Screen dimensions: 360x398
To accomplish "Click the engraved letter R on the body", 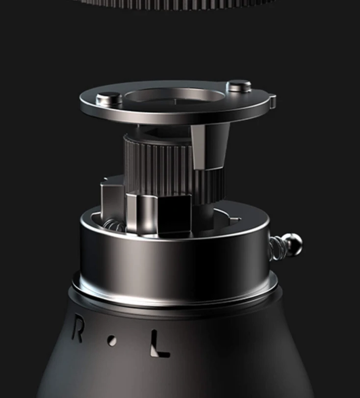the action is click(77, 330).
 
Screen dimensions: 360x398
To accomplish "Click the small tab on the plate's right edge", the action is click(273, 101).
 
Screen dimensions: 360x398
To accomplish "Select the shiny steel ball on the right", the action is click(293, 243).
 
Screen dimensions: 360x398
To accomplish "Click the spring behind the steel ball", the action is click(277, 247).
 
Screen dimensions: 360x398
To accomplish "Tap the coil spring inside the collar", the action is click(114, 225).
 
